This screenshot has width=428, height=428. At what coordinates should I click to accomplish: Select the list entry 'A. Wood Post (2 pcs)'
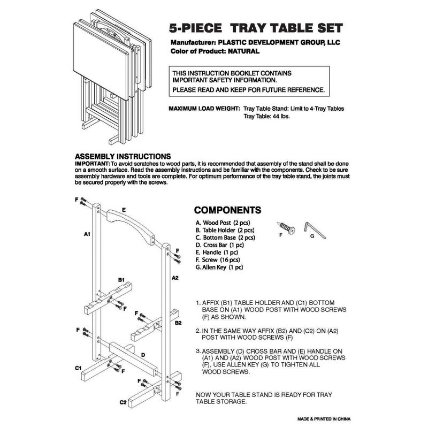coord(223,222)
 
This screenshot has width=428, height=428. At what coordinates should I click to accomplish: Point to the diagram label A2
coord(174,278)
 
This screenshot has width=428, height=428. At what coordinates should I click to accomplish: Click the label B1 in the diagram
coord(121,280)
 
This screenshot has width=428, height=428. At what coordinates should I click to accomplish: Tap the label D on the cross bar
coord(142,354)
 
